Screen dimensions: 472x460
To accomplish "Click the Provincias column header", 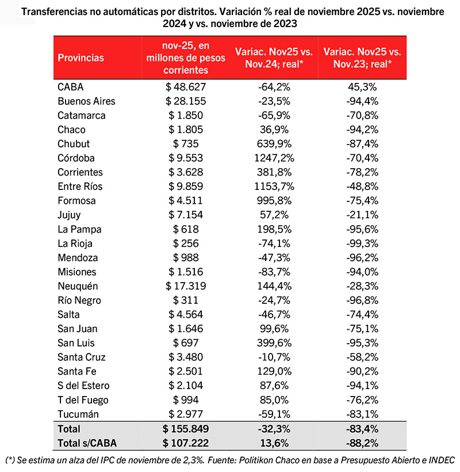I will click(81, 58).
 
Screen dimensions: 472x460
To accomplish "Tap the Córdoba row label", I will click(76, 158).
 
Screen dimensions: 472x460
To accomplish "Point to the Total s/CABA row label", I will click(82, 443).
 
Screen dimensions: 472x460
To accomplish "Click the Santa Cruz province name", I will click(82, 357).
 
